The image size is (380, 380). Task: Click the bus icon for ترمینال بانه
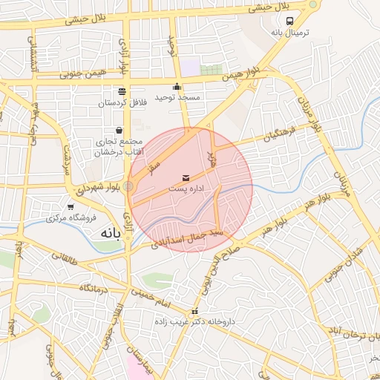click(x=289, y=22)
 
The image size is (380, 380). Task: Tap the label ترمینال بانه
click(x=289, y=34)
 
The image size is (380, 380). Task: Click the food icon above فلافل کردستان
click(x=121, y=91)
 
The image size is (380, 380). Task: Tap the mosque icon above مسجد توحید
click(x=177, y=85)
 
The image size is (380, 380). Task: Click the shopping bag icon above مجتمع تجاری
click(x=119, y=130)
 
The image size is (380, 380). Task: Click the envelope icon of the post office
click(x=186, y=178)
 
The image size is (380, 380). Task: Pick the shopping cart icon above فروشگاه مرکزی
click(x=71, y=207)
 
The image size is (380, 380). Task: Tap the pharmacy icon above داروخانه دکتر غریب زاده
click(x=195, y=312)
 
